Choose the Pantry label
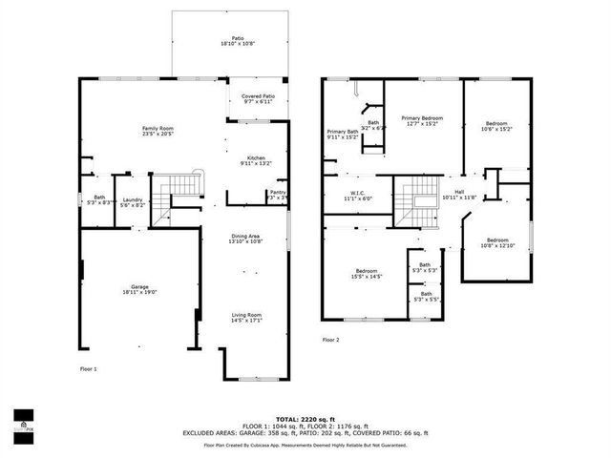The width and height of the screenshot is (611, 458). pos(277,195)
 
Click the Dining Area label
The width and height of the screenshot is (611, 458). pos(245,239)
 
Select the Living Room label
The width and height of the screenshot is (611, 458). pos(247,317)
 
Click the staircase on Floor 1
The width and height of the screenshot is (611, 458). pos(179,187)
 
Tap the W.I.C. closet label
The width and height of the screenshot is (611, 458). pos(357,195)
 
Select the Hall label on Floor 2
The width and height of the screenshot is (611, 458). pos(459,195)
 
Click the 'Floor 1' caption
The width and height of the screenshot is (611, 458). pos(88,367)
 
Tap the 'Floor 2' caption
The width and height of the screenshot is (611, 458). pos(330,340)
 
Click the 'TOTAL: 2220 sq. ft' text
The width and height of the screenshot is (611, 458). pos(305,419)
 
